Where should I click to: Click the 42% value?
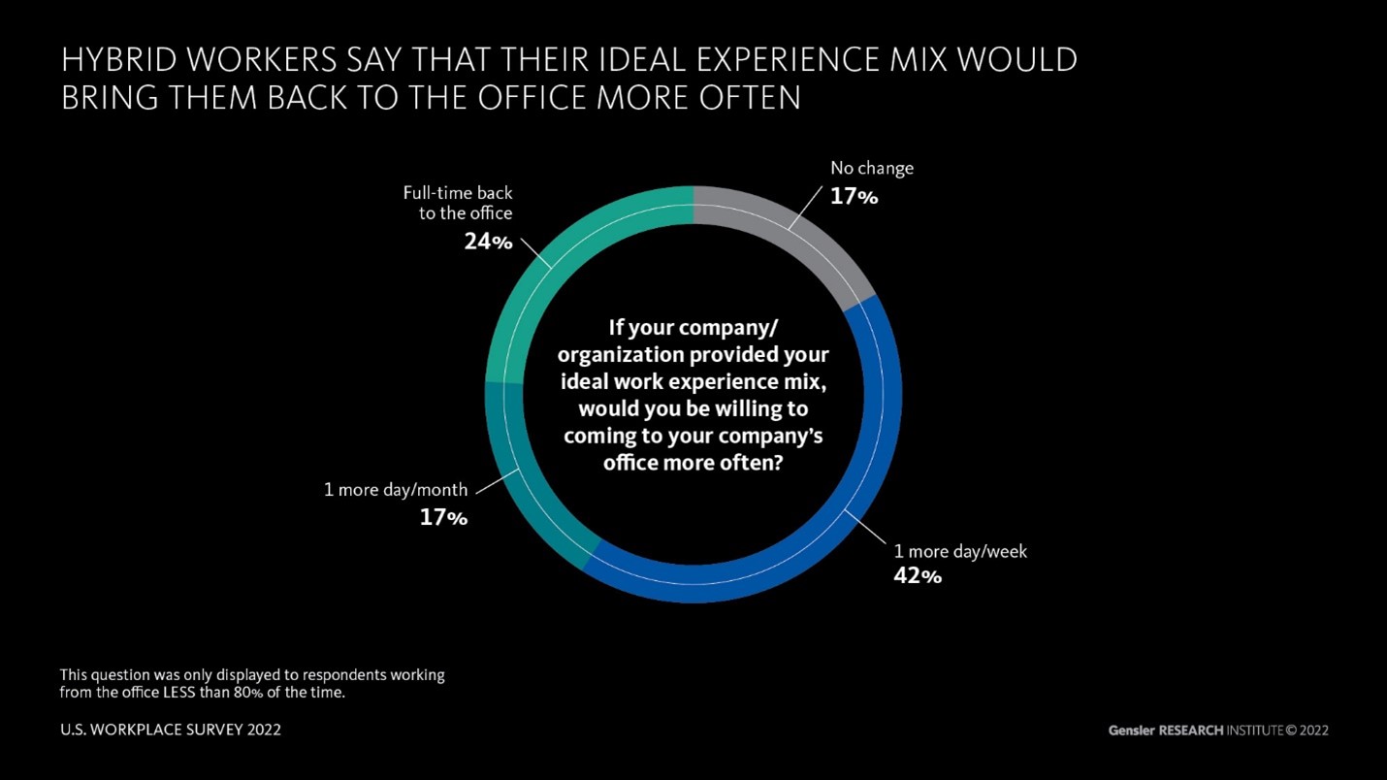(917, 576)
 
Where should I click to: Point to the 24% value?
(488, 242)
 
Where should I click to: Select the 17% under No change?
(854, 197)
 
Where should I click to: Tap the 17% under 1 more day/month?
(443, 518)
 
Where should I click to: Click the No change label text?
(871, 169)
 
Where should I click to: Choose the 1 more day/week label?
(959, 551)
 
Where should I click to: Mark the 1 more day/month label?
(396, 490)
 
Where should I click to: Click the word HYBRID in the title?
(122, 60)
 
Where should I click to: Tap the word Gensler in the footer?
(1132, 730)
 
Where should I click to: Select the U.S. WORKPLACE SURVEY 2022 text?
(171, 729)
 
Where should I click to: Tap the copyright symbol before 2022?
(1291, 730)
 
